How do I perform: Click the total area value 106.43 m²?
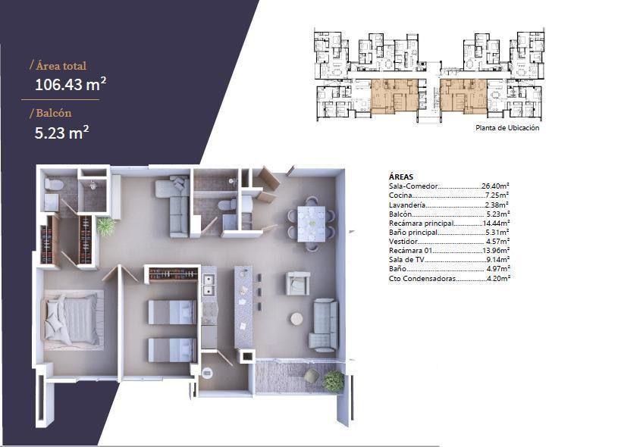(x=71, y=84)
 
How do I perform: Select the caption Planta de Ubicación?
(x=507, y=128)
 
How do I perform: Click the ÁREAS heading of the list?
(x=401, y=177)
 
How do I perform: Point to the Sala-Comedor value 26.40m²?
(x=495, y=186)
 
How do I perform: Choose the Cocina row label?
(x=401, y=195)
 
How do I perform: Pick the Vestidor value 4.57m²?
(x=497, y=241)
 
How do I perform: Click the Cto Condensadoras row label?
(x=422, y=279)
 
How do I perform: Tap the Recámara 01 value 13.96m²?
(x=495, y=251)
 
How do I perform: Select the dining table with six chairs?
(x=312, y=223)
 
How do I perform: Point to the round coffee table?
(x=296, y=318)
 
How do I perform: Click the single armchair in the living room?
(x=298, y=283)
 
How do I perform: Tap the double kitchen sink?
(x=209, y=286)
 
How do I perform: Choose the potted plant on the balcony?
(x=333, y=380)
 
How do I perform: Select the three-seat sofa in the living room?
(x=324, y=325)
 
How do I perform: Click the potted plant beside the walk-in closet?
(x=105, y=227)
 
